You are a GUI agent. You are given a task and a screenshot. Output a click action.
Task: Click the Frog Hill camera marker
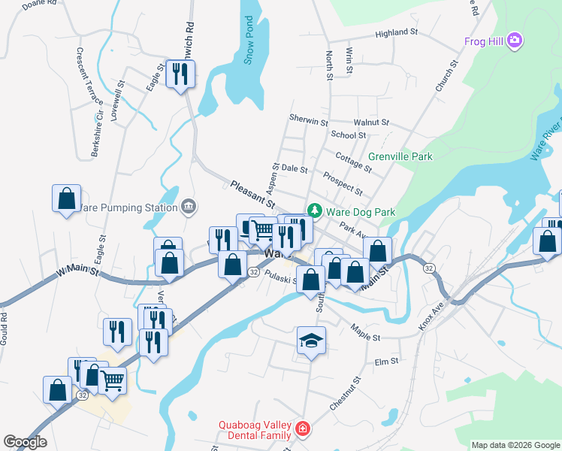pyautogui.click(x=515, y=40)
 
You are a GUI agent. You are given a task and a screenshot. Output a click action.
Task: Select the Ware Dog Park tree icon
pyautogui.click(x=316, y=212)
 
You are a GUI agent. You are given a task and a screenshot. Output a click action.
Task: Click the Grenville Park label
pyautogui.click(x=400, y=157)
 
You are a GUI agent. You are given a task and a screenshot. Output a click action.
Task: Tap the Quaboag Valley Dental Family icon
pyautogui.click(x=302, y=429)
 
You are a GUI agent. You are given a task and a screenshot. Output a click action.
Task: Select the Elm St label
pyautogui.click(x=386, y=362)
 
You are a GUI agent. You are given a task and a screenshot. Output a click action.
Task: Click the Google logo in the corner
pyautogui.click(x=25, y=442)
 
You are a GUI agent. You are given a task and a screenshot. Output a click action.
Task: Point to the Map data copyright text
pyautogui.click(x=515, y=445)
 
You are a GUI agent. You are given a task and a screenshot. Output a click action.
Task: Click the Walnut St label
pyautogui.click(x=371, y=122)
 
